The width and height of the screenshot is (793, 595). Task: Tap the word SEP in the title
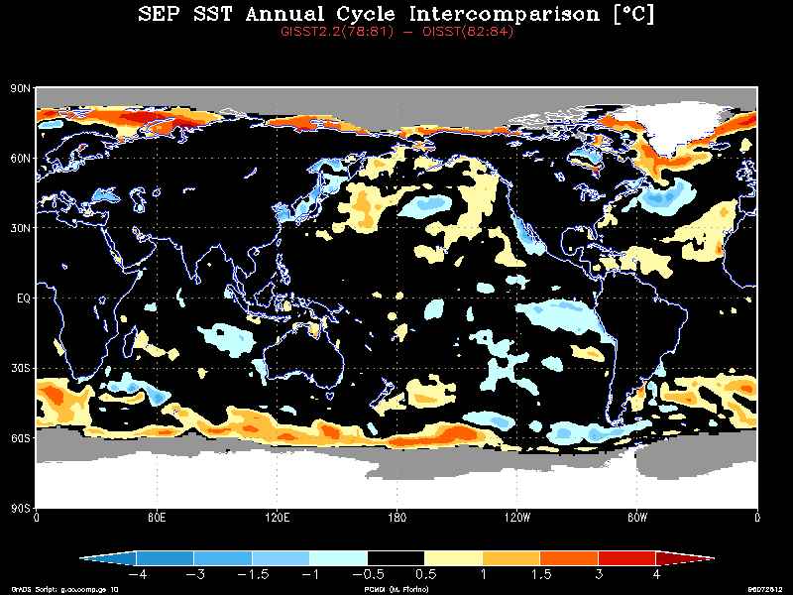(x=161, y=15)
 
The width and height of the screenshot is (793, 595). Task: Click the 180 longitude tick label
(x=396, y=517)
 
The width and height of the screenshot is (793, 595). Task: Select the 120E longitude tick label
(x=278, y=517)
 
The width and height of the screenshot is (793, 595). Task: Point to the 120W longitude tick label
(x=516, y=517)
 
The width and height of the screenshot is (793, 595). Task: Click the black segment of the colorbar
(x=396, y=558)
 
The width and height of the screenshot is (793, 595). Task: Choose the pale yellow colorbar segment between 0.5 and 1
(x=453, y=558)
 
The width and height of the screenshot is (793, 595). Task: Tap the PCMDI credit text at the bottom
(x=396, y=588)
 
